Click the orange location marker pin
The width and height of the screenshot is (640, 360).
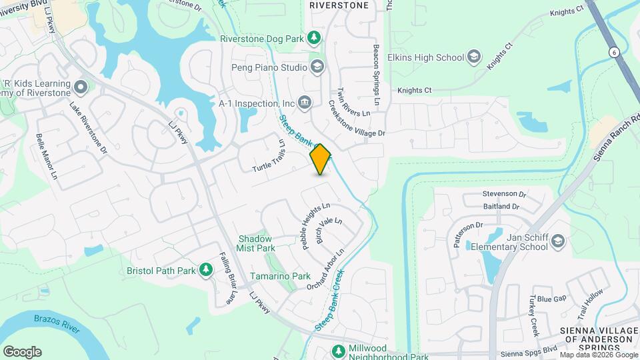321,159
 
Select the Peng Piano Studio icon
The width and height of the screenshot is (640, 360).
317,67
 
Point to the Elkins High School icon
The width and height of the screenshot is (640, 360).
474,57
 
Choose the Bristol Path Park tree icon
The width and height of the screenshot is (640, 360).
207,270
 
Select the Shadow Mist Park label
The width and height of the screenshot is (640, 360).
256,243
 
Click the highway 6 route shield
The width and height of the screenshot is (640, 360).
612,52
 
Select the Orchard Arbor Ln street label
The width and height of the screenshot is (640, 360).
325,269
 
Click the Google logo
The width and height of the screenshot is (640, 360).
22,352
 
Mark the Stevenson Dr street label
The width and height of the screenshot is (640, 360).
505,195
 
